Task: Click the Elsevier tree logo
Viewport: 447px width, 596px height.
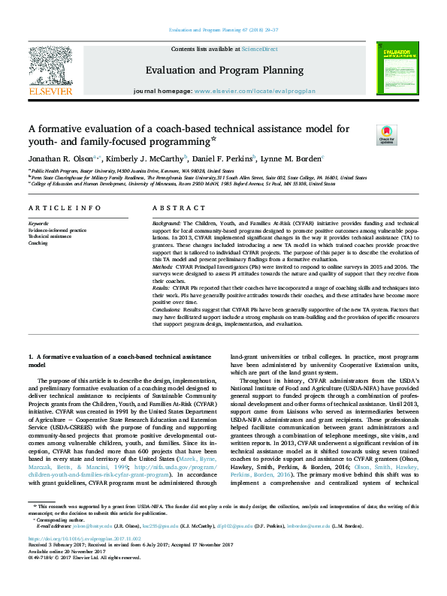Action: (50, 67)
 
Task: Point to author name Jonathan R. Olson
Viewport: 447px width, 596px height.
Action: (60, 158)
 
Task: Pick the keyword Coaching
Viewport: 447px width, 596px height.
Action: (39, 243)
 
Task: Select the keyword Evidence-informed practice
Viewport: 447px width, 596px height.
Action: (57, 230)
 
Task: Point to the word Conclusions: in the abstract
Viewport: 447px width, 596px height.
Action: (169, 308)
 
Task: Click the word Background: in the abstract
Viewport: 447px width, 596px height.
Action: (167, 224)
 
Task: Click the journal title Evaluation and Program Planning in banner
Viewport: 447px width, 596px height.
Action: (224, 70)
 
